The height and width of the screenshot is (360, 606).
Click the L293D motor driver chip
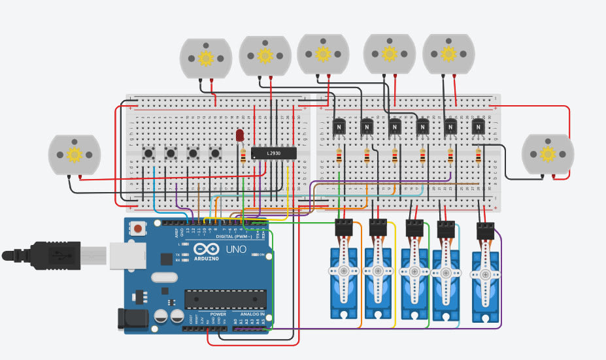tap(274, 154)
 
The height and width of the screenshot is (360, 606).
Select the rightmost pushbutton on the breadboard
tap(214, 154)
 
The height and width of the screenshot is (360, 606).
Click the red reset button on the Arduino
tap(139, 229)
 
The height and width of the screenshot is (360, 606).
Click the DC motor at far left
tap(75, 155)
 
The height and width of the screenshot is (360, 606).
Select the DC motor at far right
tap(547, 155)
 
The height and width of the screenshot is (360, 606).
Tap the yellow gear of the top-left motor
tap(205, 59)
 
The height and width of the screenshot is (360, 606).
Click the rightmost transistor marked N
tap(479, 127)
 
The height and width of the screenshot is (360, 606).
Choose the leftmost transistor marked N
tap(339, 127)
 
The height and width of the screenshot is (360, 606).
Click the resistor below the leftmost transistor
tap(339, 157)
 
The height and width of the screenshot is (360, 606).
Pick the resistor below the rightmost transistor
tap(479, 157)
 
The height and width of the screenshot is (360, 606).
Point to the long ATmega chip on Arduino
tap(225, 299)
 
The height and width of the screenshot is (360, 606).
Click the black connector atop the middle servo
tap(414, 228)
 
